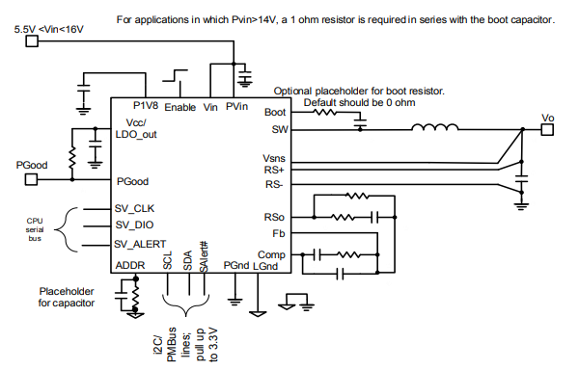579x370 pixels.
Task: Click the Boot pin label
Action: [274, 112]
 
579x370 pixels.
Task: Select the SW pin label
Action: [277, 128]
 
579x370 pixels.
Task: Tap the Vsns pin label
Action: [274, 158]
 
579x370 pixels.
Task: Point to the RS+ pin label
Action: [274, 171]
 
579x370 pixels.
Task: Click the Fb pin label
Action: [279, 234]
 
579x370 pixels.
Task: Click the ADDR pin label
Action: [131, 265]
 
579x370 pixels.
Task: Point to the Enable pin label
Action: [180, 107]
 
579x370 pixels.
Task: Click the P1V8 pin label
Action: [147, 106]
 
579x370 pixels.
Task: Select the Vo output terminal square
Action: [547, 129]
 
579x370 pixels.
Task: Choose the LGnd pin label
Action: [265, 265]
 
